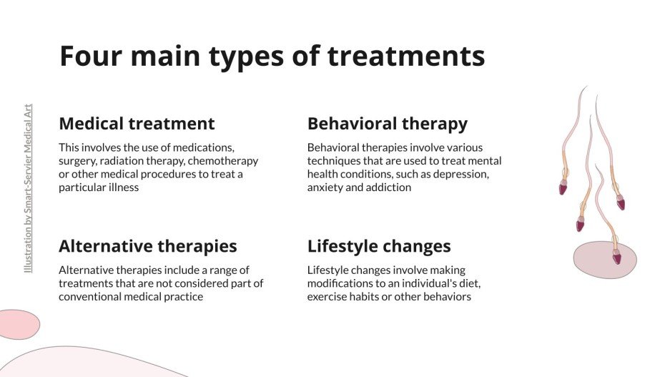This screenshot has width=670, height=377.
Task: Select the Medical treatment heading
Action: coord(137,124)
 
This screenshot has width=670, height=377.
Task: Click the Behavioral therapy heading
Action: coord(387,124)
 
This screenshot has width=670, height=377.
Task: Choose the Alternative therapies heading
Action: coord(147,246)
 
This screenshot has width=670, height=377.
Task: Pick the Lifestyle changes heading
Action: coord(379,246)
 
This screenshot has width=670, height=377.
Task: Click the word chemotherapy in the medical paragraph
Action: coord(225,161)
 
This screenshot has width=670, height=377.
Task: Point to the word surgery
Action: coord(78,161)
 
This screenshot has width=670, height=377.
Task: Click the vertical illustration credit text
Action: coord(28,188)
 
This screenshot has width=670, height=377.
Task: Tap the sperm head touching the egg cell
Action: coord(616,258)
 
